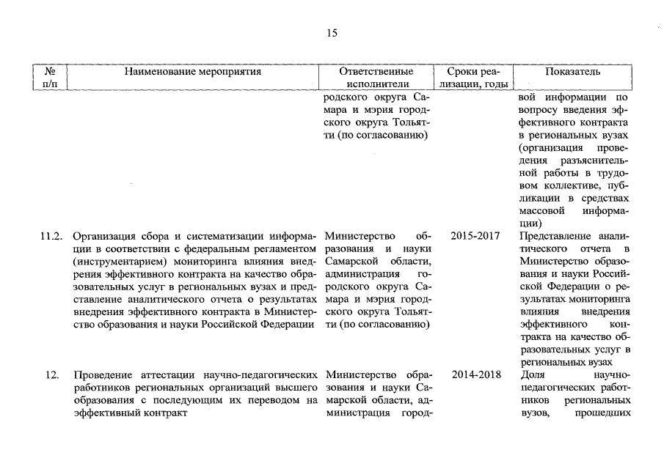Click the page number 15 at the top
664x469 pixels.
coord(332,33)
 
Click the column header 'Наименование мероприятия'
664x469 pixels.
coord(192,72)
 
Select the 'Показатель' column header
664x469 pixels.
coord(573,72)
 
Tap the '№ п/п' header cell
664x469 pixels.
coord(51,78)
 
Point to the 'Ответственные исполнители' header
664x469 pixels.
coord(376,78)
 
